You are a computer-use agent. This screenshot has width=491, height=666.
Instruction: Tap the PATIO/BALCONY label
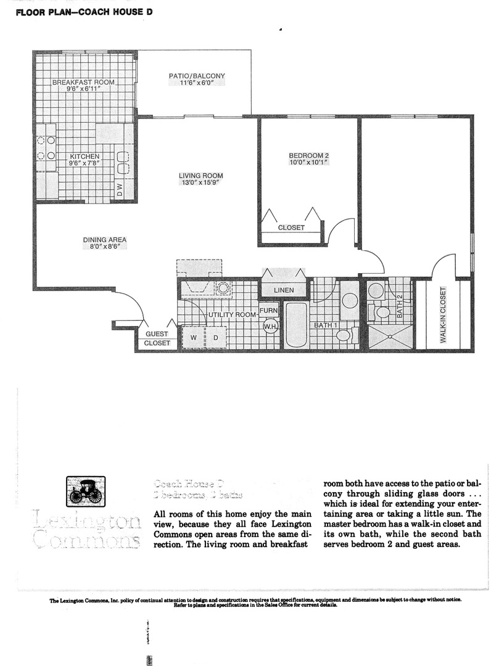coord(197,76)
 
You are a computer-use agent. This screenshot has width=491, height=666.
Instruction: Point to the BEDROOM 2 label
coord(309,155)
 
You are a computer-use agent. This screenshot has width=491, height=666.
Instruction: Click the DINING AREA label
coord(105,240)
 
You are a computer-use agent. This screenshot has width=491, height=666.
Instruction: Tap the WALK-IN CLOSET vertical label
coord(443,314)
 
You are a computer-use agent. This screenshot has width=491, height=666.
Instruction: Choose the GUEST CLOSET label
coord(157,338)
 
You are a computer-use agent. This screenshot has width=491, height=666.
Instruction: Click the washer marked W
coord(194,338)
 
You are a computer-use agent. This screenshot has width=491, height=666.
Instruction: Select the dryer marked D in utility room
coord(216,338)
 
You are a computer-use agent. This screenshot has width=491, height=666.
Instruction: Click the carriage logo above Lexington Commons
coord(85,491)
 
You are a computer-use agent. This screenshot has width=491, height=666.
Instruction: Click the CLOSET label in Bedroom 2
coord(291,228)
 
